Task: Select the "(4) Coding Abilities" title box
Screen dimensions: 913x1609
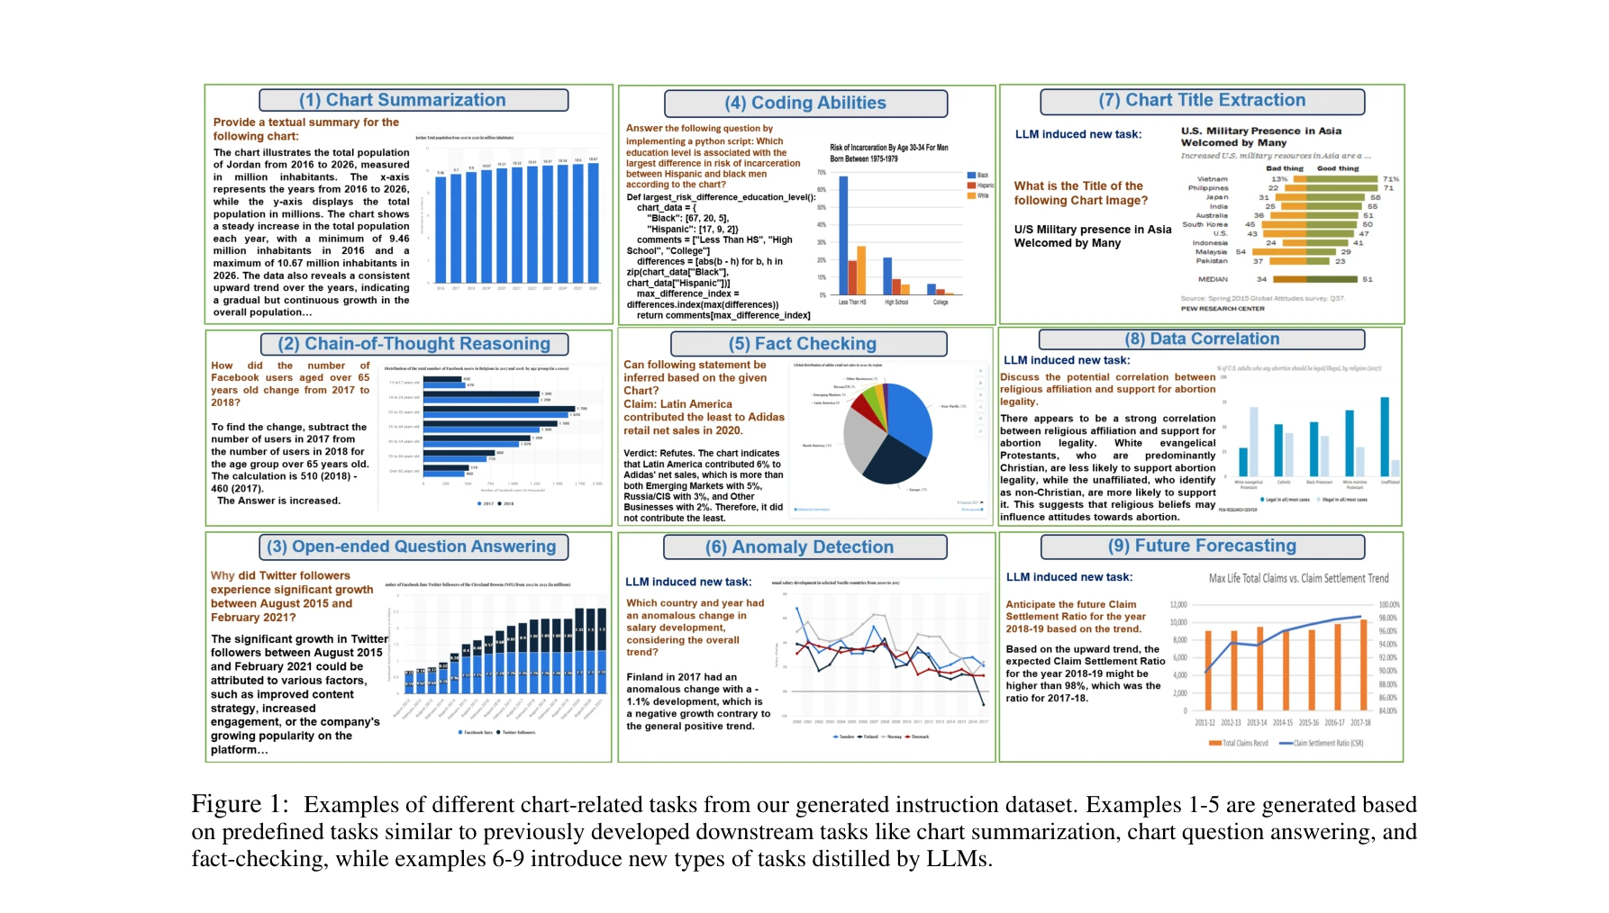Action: coord(805,104)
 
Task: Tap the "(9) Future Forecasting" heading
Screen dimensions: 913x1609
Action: coord(1202,546)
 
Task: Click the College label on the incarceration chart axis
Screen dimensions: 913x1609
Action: coord(941,303)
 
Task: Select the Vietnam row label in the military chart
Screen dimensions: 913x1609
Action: coord(1212,179)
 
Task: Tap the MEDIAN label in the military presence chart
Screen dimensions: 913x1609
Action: coord(1213,279)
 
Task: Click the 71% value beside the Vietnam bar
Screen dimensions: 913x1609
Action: coord(1391,179)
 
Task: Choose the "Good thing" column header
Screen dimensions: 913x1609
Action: coord(1338,168)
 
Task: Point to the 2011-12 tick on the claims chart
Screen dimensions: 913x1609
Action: coord(1204,722)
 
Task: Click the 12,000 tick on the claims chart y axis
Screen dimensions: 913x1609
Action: coord(1178,605)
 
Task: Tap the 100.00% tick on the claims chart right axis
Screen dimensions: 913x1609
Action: coord(1388,605)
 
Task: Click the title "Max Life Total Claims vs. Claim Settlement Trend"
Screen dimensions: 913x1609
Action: coord(1298,578)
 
